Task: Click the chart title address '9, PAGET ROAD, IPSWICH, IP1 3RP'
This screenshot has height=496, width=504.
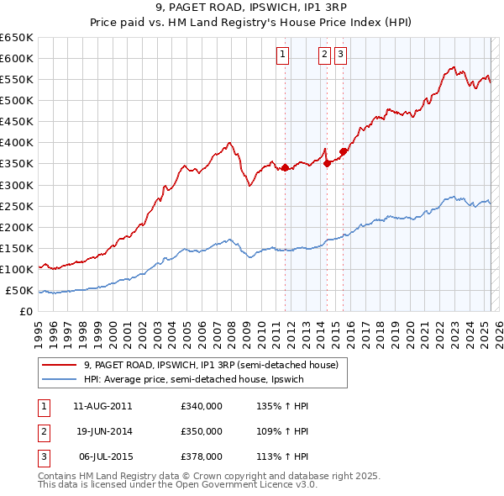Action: point(251,9)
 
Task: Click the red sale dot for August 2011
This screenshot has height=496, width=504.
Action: point(285,167)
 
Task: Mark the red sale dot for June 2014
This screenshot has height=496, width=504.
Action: point(328,163)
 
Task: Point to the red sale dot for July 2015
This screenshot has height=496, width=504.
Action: point(343,151)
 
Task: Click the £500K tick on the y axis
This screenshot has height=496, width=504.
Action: point(17,100)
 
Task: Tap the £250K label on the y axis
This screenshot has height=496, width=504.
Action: point(17,206)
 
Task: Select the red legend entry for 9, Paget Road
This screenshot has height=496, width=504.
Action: point(210,365)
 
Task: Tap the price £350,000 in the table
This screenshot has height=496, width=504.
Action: point(202,431)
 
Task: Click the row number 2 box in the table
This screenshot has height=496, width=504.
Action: point(43,431)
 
